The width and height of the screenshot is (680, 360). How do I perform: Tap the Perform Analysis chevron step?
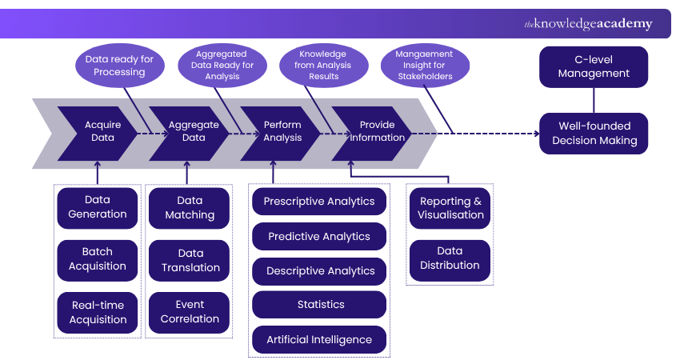(282, 130)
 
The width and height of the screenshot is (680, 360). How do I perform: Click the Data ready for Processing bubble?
(119, 66)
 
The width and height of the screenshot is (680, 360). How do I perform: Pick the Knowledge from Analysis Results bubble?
(323, 66)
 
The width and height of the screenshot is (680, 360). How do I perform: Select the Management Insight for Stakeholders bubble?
(425, 66)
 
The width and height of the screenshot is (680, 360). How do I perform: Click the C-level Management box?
(594, 66)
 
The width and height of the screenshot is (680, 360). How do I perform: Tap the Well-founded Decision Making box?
(594, 133)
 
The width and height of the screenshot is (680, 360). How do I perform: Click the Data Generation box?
(98, 206)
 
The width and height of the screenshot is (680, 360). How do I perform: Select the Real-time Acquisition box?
(98, 312)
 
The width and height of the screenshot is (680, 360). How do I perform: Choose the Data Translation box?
(190, 260)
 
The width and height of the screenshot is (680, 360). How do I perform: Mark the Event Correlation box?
(190, 311)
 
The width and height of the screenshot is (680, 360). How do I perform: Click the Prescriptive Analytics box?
(319, 202)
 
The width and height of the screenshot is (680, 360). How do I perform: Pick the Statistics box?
(319, 305)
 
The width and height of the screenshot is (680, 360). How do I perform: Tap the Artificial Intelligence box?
(319, 340)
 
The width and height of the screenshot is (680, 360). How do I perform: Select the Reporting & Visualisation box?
(450, 207)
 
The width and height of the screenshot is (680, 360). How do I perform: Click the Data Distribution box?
(450, 258)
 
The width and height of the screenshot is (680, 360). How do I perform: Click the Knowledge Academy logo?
(588, 24)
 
